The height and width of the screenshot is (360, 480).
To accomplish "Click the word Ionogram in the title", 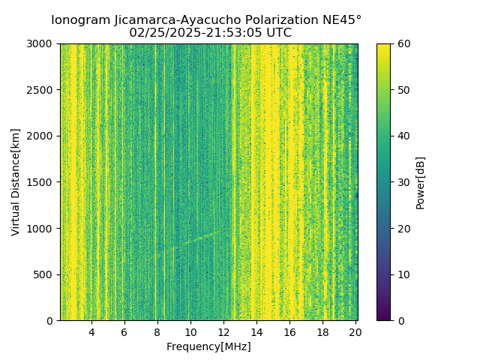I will click(x=80, y=20).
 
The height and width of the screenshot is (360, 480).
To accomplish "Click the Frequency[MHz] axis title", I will click(x=208, y=346).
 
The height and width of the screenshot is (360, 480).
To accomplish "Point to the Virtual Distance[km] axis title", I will click(x=16, y=182).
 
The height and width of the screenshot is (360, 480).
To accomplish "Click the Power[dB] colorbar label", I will click(x=421, y=182).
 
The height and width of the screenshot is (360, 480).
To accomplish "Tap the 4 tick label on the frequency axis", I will click(x=91, y=332).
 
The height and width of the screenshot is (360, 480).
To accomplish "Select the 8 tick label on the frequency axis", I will click(x=157, y=332).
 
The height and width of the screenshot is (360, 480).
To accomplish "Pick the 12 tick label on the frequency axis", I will click(x=223, y=332).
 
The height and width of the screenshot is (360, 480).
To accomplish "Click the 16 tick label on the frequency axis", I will click(x=289, y=332).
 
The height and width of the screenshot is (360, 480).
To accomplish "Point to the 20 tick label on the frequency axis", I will click(x=355, y=332).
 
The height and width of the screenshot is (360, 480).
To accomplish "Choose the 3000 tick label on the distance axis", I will click(x=41, y=43).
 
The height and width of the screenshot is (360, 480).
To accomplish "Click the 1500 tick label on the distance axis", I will click(x=41, y=182).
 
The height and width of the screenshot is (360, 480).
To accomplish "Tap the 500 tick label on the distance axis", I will click(x=44, y=274).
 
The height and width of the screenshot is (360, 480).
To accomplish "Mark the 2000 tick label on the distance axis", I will click(x=41, y=136).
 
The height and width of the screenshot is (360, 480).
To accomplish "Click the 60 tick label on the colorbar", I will click(x=403, y=43).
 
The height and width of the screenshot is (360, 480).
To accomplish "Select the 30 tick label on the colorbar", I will click(x=403, y=182).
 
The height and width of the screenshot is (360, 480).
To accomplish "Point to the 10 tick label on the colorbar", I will click(x=403, y=274).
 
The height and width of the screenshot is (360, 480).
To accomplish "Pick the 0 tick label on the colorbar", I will click(x=400, y=321).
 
